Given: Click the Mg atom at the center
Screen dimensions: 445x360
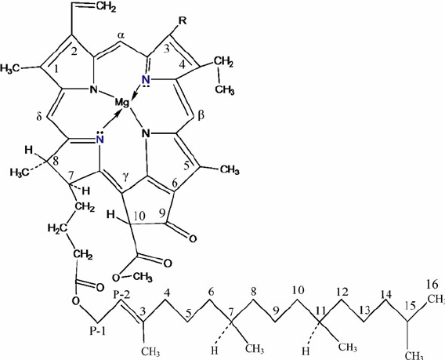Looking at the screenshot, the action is click(x=122, y=104).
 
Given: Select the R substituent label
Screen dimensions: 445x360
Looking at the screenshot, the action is click(x=183, y=21).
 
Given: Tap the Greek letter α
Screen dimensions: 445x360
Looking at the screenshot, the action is click(x=121, y=36).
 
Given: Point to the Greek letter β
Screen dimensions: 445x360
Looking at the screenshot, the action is click(x=201, y=115).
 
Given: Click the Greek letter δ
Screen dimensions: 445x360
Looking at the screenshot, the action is click(x=39, y=117).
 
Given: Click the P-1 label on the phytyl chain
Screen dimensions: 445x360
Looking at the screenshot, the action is click(x=98, y=331).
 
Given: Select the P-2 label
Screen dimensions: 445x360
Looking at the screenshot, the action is click(x=121, y=295).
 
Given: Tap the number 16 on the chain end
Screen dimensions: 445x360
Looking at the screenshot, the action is click(x=432, y=284).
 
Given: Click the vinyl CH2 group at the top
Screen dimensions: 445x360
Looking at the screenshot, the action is click(x=106, y=7).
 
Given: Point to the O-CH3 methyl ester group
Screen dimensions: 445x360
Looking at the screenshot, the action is click(x=132, y=276).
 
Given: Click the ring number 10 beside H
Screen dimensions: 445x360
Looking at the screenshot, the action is click(x=139, y=216).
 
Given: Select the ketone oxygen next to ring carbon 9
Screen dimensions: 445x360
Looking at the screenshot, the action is click(x=193, y=238).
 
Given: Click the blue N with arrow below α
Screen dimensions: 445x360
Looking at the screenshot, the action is click(x=146, y=81).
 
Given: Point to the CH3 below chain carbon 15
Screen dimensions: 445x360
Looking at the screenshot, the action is click(x=414, y=355).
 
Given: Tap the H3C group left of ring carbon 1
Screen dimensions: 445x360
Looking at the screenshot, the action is click(x=10, y=68).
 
